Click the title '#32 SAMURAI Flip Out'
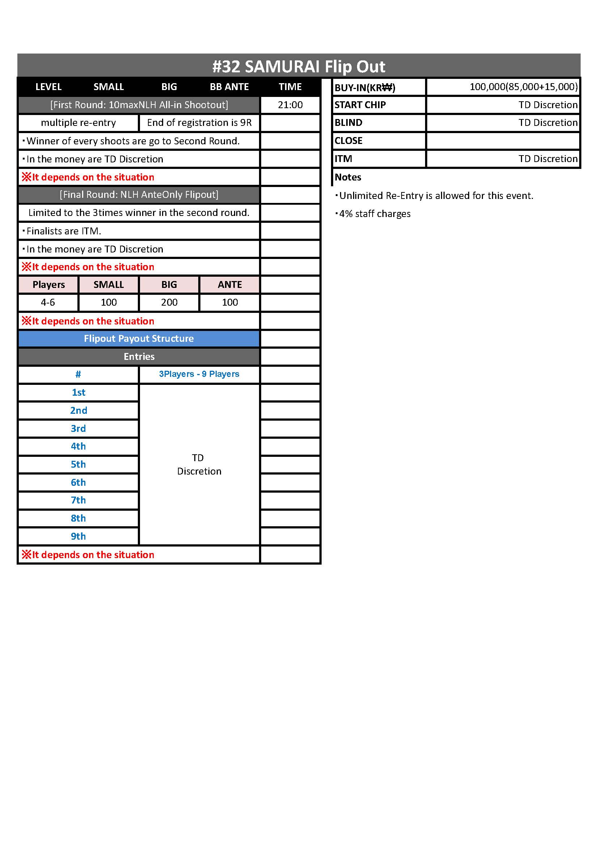pos(298,67)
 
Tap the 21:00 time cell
pos(290,105)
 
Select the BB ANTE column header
pos(229,87)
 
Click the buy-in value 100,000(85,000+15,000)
pos(523,87)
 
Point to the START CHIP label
pos(360,105)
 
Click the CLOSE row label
pos(348,141)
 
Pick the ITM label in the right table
pos(343,159)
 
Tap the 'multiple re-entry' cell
pos(79,123)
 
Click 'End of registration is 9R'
pos(199,123)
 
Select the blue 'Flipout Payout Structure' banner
pos(139,339)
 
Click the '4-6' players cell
pos(48,302)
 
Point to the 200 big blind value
pos(169,302)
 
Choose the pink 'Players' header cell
pos(48,284)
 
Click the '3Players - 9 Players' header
pos(199,374)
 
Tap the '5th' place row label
pos(78,464)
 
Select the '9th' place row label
pos(78,536)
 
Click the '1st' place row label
pos(79,392)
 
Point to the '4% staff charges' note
pos(374,214)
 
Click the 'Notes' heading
pos(347,177)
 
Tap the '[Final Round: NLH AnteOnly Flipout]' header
pos(139,195)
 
